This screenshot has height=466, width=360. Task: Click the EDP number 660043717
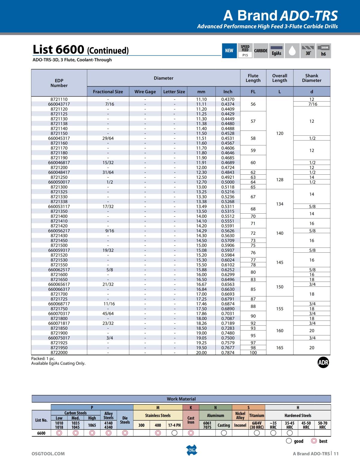click(x=59, y=104)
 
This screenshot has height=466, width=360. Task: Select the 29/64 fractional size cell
click(x=108, y=138)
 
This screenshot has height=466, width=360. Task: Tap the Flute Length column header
click(x=253, y=78)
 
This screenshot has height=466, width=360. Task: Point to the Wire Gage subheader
click(x=145, y=92)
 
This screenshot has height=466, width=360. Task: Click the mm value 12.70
click(x=201, y=182)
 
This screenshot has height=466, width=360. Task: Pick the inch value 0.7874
click(x=228, y=353)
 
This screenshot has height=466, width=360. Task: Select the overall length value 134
click(x=280, y=204)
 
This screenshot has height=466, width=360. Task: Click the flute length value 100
click(x=253, y=353)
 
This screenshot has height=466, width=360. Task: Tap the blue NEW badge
click(x=229, y=51)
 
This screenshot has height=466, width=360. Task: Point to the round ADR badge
click(x=323, y=363)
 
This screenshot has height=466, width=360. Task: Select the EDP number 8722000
click(x=59, y=353)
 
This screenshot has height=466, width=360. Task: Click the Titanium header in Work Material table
click(x=257, y=416)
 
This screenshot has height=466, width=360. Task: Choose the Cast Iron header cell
click(x=191, y=420)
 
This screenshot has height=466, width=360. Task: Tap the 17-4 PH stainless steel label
click(x=174, y=425)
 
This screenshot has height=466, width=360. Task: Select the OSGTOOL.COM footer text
click(x=48, y=454)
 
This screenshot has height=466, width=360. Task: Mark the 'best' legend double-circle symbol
click(x=314, y=441)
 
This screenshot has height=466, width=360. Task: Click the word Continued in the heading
click(x=108, y=51)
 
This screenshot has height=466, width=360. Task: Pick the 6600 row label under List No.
click(x=41, y=433)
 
